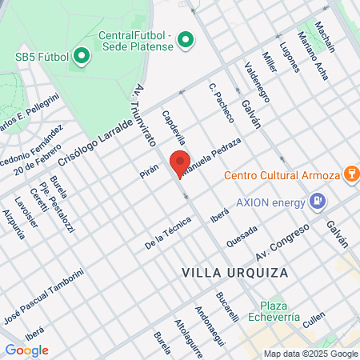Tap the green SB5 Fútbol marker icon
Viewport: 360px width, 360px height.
click(81, 57)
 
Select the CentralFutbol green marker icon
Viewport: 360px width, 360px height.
click(186, 38)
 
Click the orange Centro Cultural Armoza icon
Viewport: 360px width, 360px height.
click(350, 174)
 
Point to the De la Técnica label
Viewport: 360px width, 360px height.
click(168, 233)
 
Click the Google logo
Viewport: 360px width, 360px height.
click(26, 350)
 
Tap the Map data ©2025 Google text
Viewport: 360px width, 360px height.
click(310, 354)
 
